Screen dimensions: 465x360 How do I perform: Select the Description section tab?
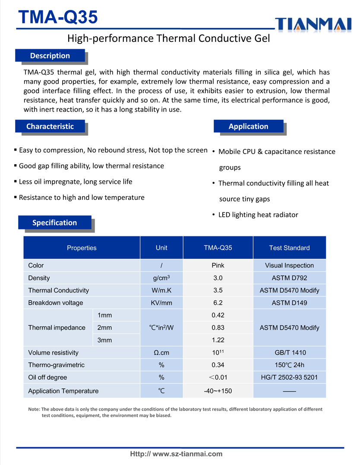coord(50,56)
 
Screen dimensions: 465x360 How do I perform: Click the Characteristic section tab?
coord(50,126)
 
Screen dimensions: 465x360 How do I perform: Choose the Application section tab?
coord(248,126)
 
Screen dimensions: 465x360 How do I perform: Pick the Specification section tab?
coord(54,223)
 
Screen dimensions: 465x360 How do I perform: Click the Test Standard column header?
coord(289,248)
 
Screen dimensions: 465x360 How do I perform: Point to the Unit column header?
coord(161,248)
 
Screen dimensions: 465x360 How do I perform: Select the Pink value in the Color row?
coord(218,265)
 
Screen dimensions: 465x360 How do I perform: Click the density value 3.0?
coord(218,278)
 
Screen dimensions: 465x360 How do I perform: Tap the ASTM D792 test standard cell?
coord(289,278)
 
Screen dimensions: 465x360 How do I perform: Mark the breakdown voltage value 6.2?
coord(218,303)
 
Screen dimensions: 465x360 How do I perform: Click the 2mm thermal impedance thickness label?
coord(105,328)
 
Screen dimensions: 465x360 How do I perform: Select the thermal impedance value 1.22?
coord(218,340)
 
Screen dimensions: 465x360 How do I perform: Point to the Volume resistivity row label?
coord(53,353)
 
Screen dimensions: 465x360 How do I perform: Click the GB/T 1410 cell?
coord(289,353)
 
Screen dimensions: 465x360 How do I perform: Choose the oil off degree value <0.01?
coord(218,378)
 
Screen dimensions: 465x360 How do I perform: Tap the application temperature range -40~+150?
coord(218,391)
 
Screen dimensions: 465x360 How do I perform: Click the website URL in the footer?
coord(177,454)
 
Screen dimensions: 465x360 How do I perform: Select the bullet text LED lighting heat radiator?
coord(258,215)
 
